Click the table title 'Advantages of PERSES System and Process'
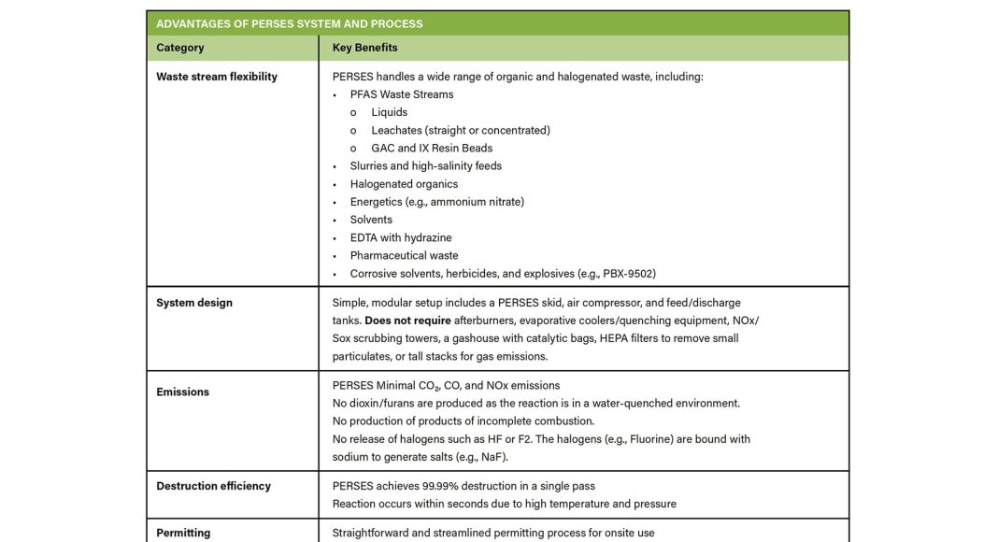(290, 23)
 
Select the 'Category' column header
(180, 48)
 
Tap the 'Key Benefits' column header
(364, 48)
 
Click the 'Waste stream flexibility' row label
(217, 77)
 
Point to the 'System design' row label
(194, 303)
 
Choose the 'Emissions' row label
(183, 392)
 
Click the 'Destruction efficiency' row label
(213, 486)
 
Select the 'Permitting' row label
(183, 533)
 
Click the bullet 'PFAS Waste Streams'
(402, 94)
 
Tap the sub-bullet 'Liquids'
(389, 112)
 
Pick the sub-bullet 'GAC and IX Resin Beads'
(432, 148)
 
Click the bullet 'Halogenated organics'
(404, 184)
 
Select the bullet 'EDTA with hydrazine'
(401, 237)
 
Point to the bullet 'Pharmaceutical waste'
(404, 255)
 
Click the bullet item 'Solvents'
(371, 220)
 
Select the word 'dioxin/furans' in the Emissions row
(380, 403)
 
